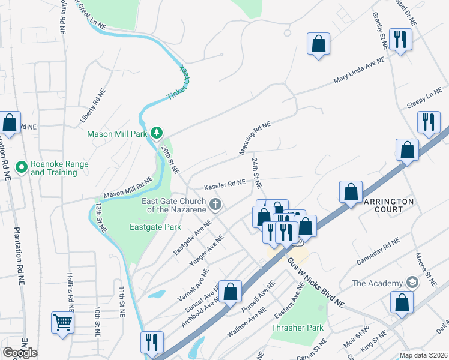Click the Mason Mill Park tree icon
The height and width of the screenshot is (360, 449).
point(156,132)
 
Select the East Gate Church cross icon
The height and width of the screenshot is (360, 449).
point(215,206)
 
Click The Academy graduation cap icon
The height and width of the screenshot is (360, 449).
point(412,283)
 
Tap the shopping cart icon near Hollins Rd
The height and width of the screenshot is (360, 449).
point(62,323)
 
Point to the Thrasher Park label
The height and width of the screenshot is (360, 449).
point(297,328)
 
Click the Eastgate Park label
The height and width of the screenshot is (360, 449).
point(155,227)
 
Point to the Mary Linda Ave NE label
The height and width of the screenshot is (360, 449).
point(359,71)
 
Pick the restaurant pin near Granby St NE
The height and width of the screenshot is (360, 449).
point(399,40)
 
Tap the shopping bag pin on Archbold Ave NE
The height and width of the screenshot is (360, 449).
point(230,292)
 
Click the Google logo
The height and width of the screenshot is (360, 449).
point(20,352)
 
